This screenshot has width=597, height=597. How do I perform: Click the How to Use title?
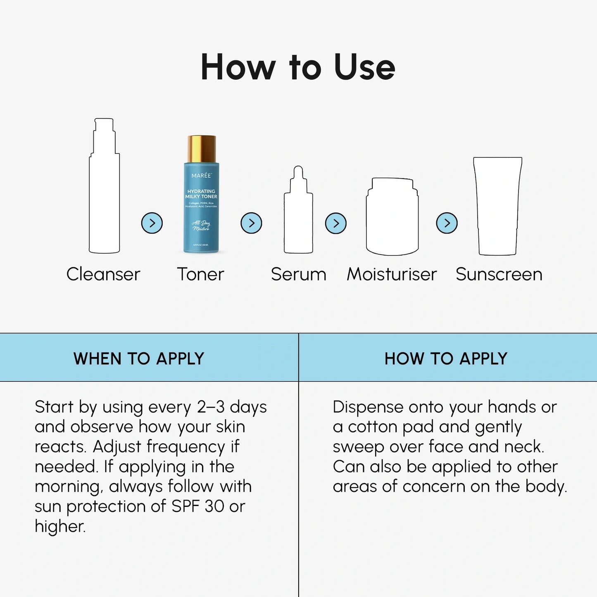298,67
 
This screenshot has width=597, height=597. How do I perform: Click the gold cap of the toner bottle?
202,149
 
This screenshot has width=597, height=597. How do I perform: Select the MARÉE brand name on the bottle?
202,176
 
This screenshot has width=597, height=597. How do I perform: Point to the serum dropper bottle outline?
298,215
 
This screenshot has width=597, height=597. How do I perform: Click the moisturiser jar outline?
392,217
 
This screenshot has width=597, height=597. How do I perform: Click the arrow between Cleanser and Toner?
152,223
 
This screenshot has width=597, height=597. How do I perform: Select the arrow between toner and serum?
251,223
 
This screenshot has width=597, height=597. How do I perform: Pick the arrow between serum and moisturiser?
336,224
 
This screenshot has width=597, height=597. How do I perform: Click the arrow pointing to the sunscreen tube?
447,223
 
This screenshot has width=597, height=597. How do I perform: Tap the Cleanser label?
103,274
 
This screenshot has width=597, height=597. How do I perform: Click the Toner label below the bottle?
201,274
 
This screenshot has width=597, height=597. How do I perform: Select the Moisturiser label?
392,274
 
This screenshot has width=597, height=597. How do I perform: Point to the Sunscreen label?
499,274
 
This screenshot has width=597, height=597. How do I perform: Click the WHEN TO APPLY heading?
139,359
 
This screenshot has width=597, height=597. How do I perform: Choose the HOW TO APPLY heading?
446,359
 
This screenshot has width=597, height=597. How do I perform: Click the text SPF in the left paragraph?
186,506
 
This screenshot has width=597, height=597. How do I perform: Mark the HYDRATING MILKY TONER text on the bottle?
201,194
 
